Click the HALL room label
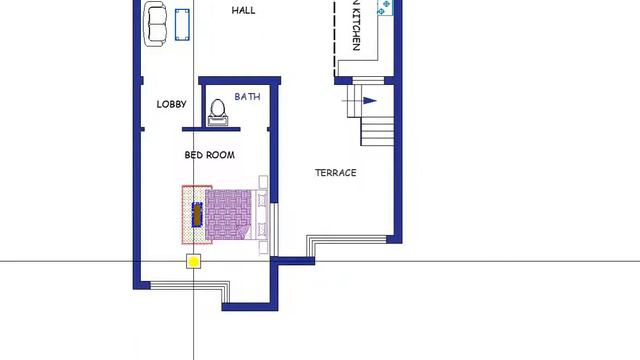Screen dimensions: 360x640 tap(243, 11)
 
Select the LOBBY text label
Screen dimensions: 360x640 tap(171, 104)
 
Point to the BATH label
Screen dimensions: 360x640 tap(247, 97)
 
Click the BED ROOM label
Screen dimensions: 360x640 tap(210, 155)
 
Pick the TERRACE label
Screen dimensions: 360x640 tap(336, 173)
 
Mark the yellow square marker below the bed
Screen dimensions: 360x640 tap(193, 261)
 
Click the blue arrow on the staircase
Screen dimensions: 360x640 tap(369, 100)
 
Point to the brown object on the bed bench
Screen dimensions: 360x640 tap(197, 214)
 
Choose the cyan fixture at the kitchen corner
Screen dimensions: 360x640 tap(385, 6)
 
